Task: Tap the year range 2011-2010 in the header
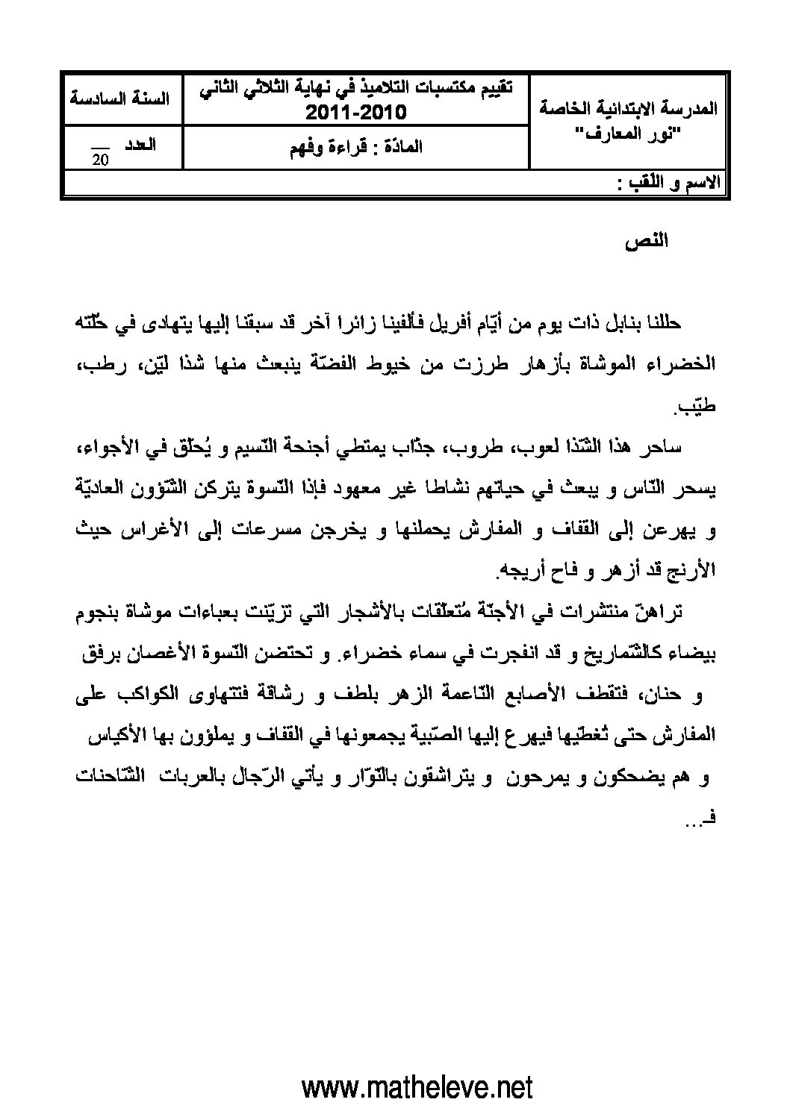tap(355, 113)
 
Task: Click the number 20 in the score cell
tap(99, 159)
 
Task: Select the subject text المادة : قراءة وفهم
tap(355, 146)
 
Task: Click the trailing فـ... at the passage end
tap(698, 820)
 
